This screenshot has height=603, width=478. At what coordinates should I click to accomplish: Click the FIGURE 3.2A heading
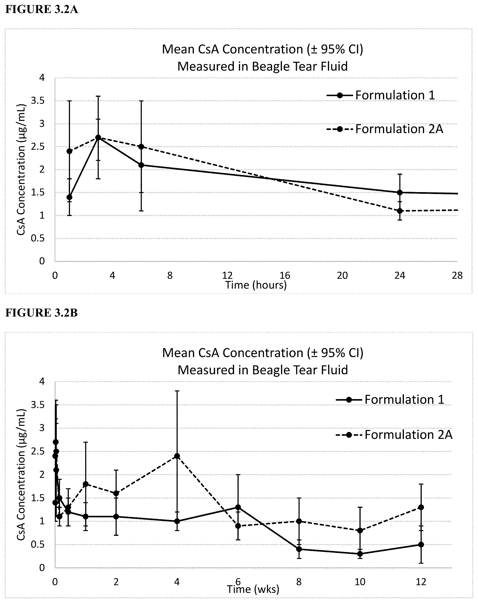[x=42, y=9]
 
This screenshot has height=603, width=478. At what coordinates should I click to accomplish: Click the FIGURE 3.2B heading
[x=41, y=313]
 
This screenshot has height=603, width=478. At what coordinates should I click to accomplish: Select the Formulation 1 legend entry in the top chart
[x=381, y=95]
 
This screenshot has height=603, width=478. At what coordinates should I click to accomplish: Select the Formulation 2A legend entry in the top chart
[x=385, y=129]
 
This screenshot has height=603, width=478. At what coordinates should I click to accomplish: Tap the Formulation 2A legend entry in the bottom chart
[x=394, y=435]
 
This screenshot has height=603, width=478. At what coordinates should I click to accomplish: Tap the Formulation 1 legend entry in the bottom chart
[x=390, y=399]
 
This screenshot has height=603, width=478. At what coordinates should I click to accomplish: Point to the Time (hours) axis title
[x=256, y=285]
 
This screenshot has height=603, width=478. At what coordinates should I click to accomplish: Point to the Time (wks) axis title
[x=253, y=589]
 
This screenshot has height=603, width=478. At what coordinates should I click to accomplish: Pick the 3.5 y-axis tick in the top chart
[x=38, y=101]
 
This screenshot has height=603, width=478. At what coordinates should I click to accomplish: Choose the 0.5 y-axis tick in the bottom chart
[x=38, y=545]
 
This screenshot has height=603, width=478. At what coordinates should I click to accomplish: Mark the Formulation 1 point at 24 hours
[x=400, y=192]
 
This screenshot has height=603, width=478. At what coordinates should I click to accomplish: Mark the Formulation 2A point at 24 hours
[x=400, y=211]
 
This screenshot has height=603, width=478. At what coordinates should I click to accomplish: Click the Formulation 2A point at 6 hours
[x=141, y=147]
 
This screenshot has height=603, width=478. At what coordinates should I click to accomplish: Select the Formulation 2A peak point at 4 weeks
[x=177, y=456]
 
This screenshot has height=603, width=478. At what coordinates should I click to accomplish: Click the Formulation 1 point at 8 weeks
[x=299, y=549]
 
